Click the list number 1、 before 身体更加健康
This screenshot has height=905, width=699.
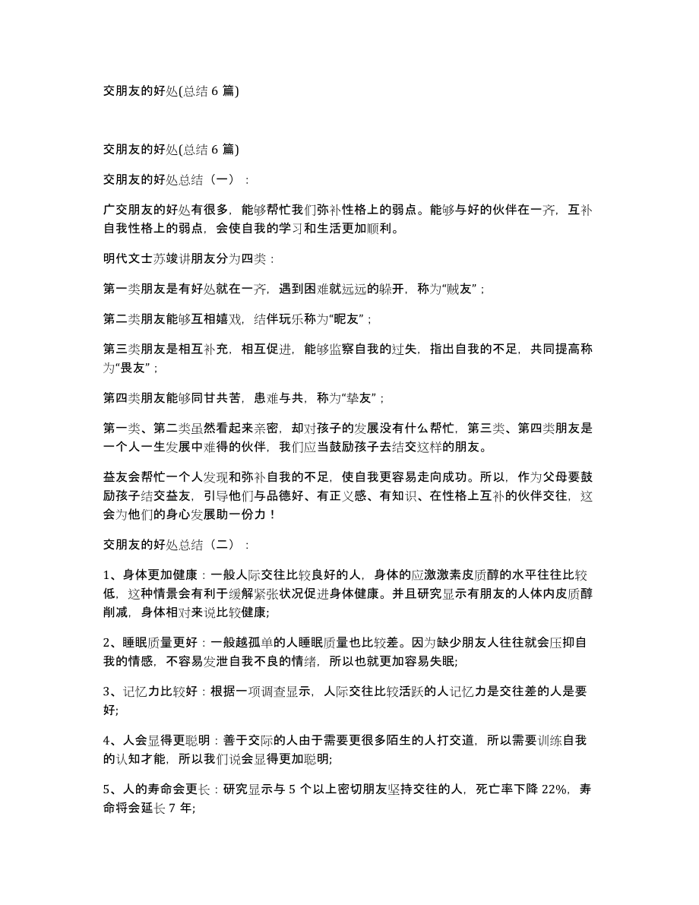pos(108,575)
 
